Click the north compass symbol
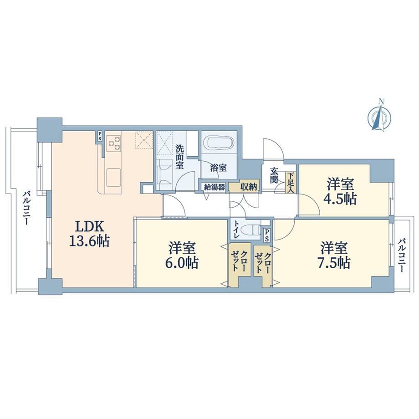coord(379,116)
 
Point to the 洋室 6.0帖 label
coord(183,255)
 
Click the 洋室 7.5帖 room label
coord(334,255)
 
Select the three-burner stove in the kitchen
coord(114,143)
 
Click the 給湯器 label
coord(215,187)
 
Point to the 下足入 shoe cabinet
coord(291,183)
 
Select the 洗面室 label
coord(179,157)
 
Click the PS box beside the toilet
coord(266,235)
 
